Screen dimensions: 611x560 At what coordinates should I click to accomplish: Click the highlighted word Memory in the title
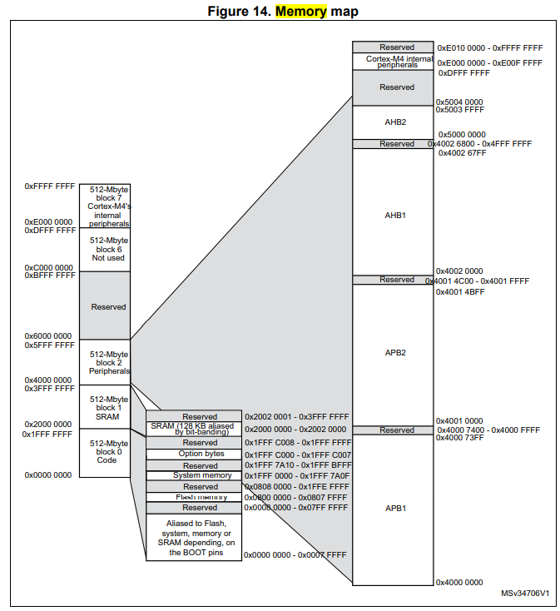(x=300, y=12)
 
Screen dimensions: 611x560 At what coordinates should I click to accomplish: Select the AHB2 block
(x=394, y=122)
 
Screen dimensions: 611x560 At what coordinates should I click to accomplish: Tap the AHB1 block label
(x=394, y=215)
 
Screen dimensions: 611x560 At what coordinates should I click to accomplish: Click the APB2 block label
(x=394, y=353)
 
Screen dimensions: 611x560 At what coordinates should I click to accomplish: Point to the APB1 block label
(x=394, y=508)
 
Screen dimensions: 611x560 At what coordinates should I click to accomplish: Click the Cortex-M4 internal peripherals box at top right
(x=394, y=62)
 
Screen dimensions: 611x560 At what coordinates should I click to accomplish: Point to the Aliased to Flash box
(x=193, y=537)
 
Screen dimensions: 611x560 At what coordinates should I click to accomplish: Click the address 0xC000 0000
(x=48, y=268)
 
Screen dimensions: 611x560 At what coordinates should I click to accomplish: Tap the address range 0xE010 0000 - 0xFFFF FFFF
(x=489, y=48)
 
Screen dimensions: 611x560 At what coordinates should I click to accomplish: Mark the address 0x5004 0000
(x=460, y=102)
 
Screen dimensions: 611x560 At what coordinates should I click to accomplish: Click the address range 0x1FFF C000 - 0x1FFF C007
(x=298, y=455)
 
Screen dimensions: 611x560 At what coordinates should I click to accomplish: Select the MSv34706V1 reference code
(x=524, y=594)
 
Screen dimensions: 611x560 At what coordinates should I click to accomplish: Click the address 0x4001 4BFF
(x=461, y=292)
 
